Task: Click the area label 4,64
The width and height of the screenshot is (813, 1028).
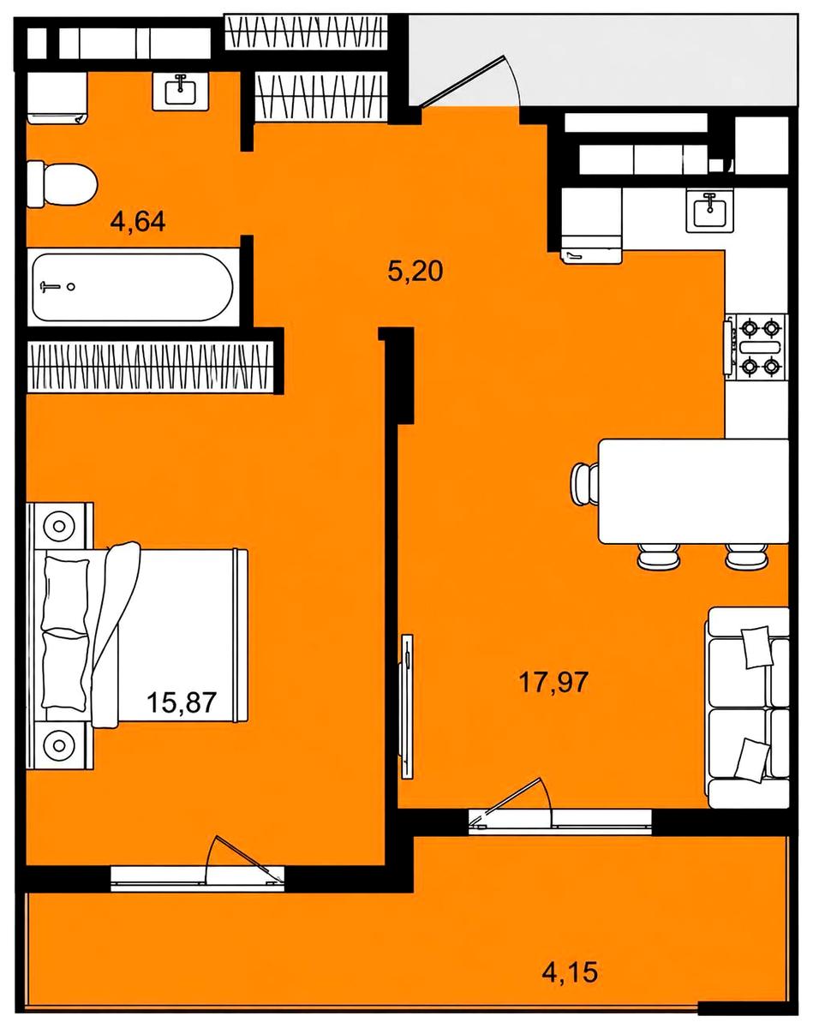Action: tap(138, 222)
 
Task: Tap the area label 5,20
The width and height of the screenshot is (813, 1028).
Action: tap(415, 272)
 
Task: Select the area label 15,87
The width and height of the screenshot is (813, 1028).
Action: tap(182, 702)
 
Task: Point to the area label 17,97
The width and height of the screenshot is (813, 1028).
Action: tap(553, 682)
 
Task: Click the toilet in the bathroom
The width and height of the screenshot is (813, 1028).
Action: tap(62, 184)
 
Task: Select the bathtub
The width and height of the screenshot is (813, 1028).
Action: tap(133, 287)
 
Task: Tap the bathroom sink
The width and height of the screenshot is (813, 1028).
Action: tap(181, 90)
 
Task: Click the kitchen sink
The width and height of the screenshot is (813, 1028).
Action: tap(710, 210)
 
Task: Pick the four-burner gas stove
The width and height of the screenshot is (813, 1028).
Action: tap(756, 347)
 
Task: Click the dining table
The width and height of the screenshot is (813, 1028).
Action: tap(694, 491)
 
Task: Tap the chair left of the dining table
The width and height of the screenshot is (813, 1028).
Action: tap(584, 484)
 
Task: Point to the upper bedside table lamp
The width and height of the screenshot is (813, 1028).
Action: tap(59, 526)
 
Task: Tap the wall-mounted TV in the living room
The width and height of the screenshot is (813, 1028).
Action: tap(407, 707)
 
